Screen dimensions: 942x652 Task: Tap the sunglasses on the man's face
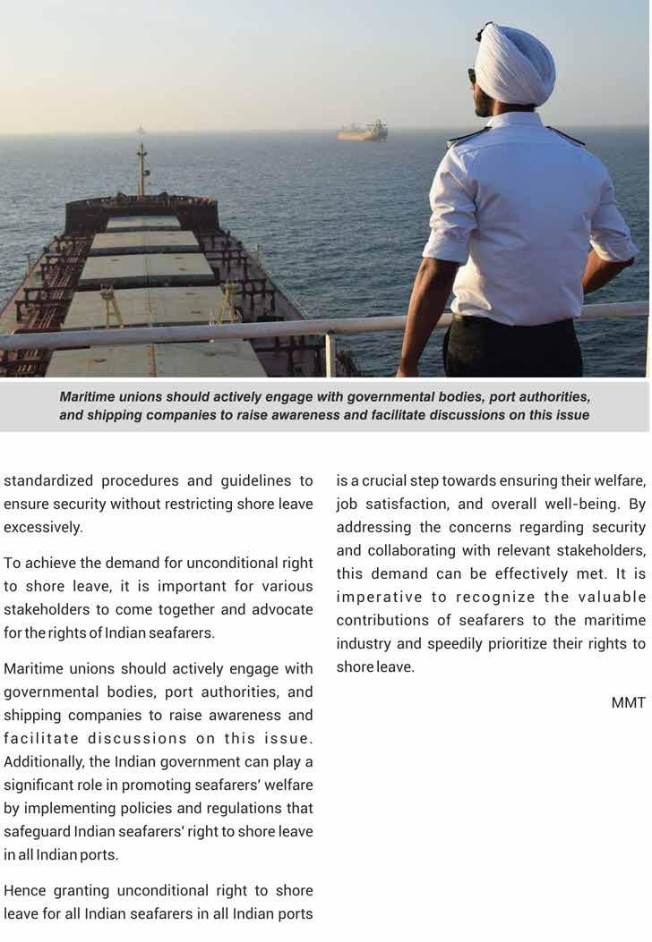tap(473, 76)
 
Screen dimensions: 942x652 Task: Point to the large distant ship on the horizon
tap(363, 132)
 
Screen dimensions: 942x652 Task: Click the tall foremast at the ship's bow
tap(142, 170)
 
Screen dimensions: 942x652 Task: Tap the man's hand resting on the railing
tap(408, 367)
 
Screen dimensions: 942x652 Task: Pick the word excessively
tap(43, 528)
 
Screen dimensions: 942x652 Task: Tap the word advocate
tap(283, 609)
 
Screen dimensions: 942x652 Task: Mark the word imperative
tap(384, 598)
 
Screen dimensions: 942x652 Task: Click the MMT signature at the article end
tap(629, 703)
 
